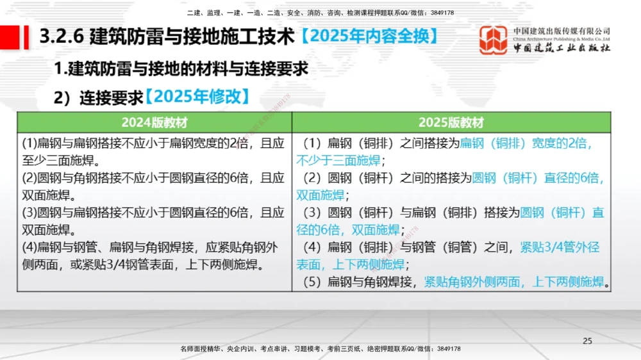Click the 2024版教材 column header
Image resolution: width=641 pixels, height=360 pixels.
point(154,122)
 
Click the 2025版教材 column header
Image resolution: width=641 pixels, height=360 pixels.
point(451,122)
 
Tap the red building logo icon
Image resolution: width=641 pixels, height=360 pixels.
point(494,40)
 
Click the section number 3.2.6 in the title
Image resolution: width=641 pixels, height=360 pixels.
point(62,37)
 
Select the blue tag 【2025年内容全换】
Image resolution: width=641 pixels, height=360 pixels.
point(370,37)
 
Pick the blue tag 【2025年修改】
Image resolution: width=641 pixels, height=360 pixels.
point(196,97)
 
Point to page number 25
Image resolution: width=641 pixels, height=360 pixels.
point(587,341)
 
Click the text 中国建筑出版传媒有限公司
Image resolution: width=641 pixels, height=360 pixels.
point(562,31)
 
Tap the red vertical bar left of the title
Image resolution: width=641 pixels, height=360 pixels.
point(26,37)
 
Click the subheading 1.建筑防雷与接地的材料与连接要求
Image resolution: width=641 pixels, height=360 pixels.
point(181,69)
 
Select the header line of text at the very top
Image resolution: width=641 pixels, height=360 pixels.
point(320,13)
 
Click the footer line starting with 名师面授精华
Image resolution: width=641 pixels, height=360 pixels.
point(320,348)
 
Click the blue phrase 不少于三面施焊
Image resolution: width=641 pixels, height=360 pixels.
point(338,160)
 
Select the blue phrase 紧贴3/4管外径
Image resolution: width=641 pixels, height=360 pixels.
point(560,247)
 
